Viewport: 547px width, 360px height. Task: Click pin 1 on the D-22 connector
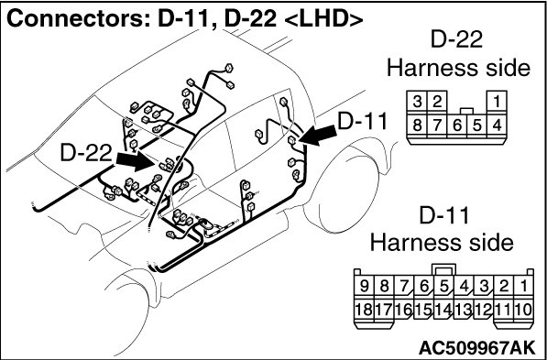click(497, 103)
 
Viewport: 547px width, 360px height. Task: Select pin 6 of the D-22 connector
click(456, 125)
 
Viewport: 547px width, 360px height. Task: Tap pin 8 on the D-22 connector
click(417, 125)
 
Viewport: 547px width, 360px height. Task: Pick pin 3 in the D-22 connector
click(417, 103)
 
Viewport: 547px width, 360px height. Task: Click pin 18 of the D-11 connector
click(364, 310)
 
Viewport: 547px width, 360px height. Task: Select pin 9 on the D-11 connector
click(364, 287)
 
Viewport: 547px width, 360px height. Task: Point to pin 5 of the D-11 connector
click(443, 287)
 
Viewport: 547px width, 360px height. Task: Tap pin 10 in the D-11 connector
click(523, 310)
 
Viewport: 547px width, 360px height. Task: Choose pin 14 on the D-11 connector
click(443, 310)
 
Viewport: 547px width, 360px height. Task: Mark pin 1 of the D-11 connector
click(523, 287)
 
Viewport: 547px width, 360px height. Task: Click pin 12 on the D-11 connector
click(484, 310)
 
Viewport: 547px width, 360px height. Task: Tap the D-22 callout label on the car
click(86, 153)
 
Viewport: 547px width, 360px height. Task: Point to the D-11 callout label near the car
click(363, 122)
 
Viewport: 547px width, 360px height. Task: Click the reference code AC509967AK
click(476, 347)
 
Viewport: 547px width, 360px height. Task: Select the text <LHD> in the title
click(323, 20)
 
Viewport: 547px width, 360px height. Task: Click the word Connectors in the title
click(79, 20)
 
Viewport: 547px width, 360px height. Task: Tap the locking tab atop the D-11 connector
click(443, 269)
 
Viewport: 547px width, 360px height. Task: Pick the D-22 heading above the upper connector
click(456, 39)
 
